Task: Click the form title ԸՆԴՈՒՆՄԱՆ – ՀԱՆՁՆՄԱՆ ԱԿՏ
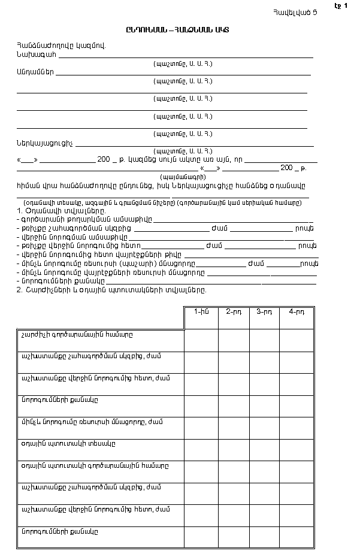180,29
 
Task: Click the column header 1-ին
201,311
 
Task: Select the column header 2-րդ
234,311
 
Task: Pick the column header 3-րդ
264,311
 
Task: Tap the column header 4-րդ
296,311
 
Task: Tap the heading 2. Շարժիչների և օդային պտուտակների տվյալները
111,290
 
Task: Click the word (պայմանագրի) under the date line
183,177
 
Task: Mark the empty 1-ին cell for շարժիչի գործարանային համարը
201,340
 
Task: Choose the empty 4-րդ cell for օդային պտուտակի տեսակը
296,449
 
